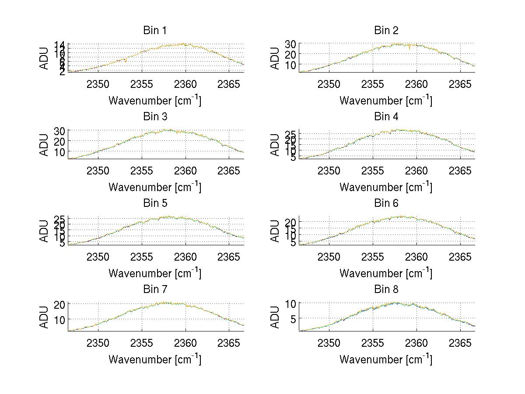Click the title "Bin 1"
(154, 31)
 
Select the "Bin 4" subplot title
(386, 117)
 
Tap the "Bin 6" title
(386, 203)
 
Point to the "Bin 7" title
(154, 289)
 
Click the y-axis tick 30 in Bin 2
(291, 44)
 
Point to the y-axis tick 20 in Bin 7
(60, 304)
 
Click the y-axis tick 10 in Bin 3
(60, 152)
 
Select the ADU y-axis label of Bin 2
(275, 58)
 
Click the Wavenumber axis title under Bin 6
(386, 273)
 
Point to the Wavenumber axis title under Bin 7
(154, 359)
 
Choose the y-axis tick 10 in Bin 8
(291, 303)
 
